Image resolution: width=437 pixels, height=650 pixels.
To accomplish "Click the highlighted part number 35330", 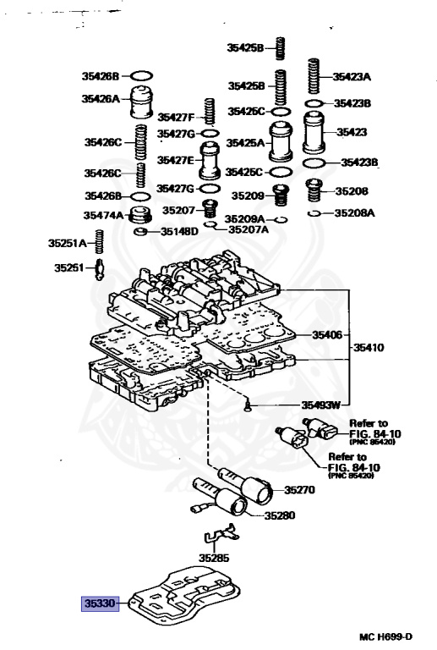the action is coord(100,603).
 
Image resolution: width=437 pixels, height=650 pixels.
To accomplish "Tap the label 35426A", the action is coord(101,99).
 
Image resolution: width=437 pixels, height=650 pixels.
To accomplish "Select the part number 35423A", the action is coord(352,77).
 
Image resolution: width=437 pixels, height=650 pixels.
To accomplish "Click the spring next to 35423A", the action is coord(314,76).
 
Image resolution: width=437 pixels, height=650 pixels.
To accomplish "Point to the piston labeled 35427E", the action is coord(210,161).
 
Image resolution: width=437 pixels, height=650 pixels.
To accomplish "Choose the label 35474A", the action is coord(103,215).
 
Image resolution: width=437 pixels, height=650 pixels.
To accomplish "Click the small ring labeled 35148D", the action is coord(140,231).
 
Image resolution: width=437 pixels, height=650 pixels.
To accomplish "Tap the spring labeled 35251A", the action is coord(99,242).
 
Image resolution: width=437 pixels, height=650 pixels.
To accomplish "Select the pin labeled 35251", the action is coord(99,269).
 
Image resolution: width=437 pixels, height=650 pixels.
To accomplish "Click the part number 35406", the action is coord(327,334).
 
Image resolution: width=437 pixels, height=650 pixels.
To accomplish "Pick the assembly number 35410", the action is coord(369,347).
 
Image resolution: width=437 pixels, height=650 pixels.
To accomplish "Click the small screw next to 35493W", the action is coord(248,405).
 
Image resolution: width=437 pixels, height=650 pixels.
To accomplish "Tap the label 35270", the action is coord(299,490).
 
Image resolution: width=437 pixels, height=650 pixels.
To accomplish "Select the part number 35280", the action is coord(280,515).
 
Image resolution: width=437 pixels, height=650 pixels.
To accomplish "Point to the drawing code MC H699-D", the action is coord(385,636).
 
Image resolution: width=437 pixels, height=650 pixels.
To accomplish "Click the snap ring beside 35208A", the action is coord(314,213).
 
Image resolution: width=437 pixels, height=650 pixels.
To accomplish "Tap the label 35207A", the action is coord(249,229).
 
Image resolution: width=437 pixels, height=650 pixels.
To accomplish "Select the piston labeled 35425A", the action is coord(281,141).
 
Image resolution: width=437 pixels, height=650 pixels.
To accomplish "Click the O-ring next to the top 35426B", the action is coord(142,76).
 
